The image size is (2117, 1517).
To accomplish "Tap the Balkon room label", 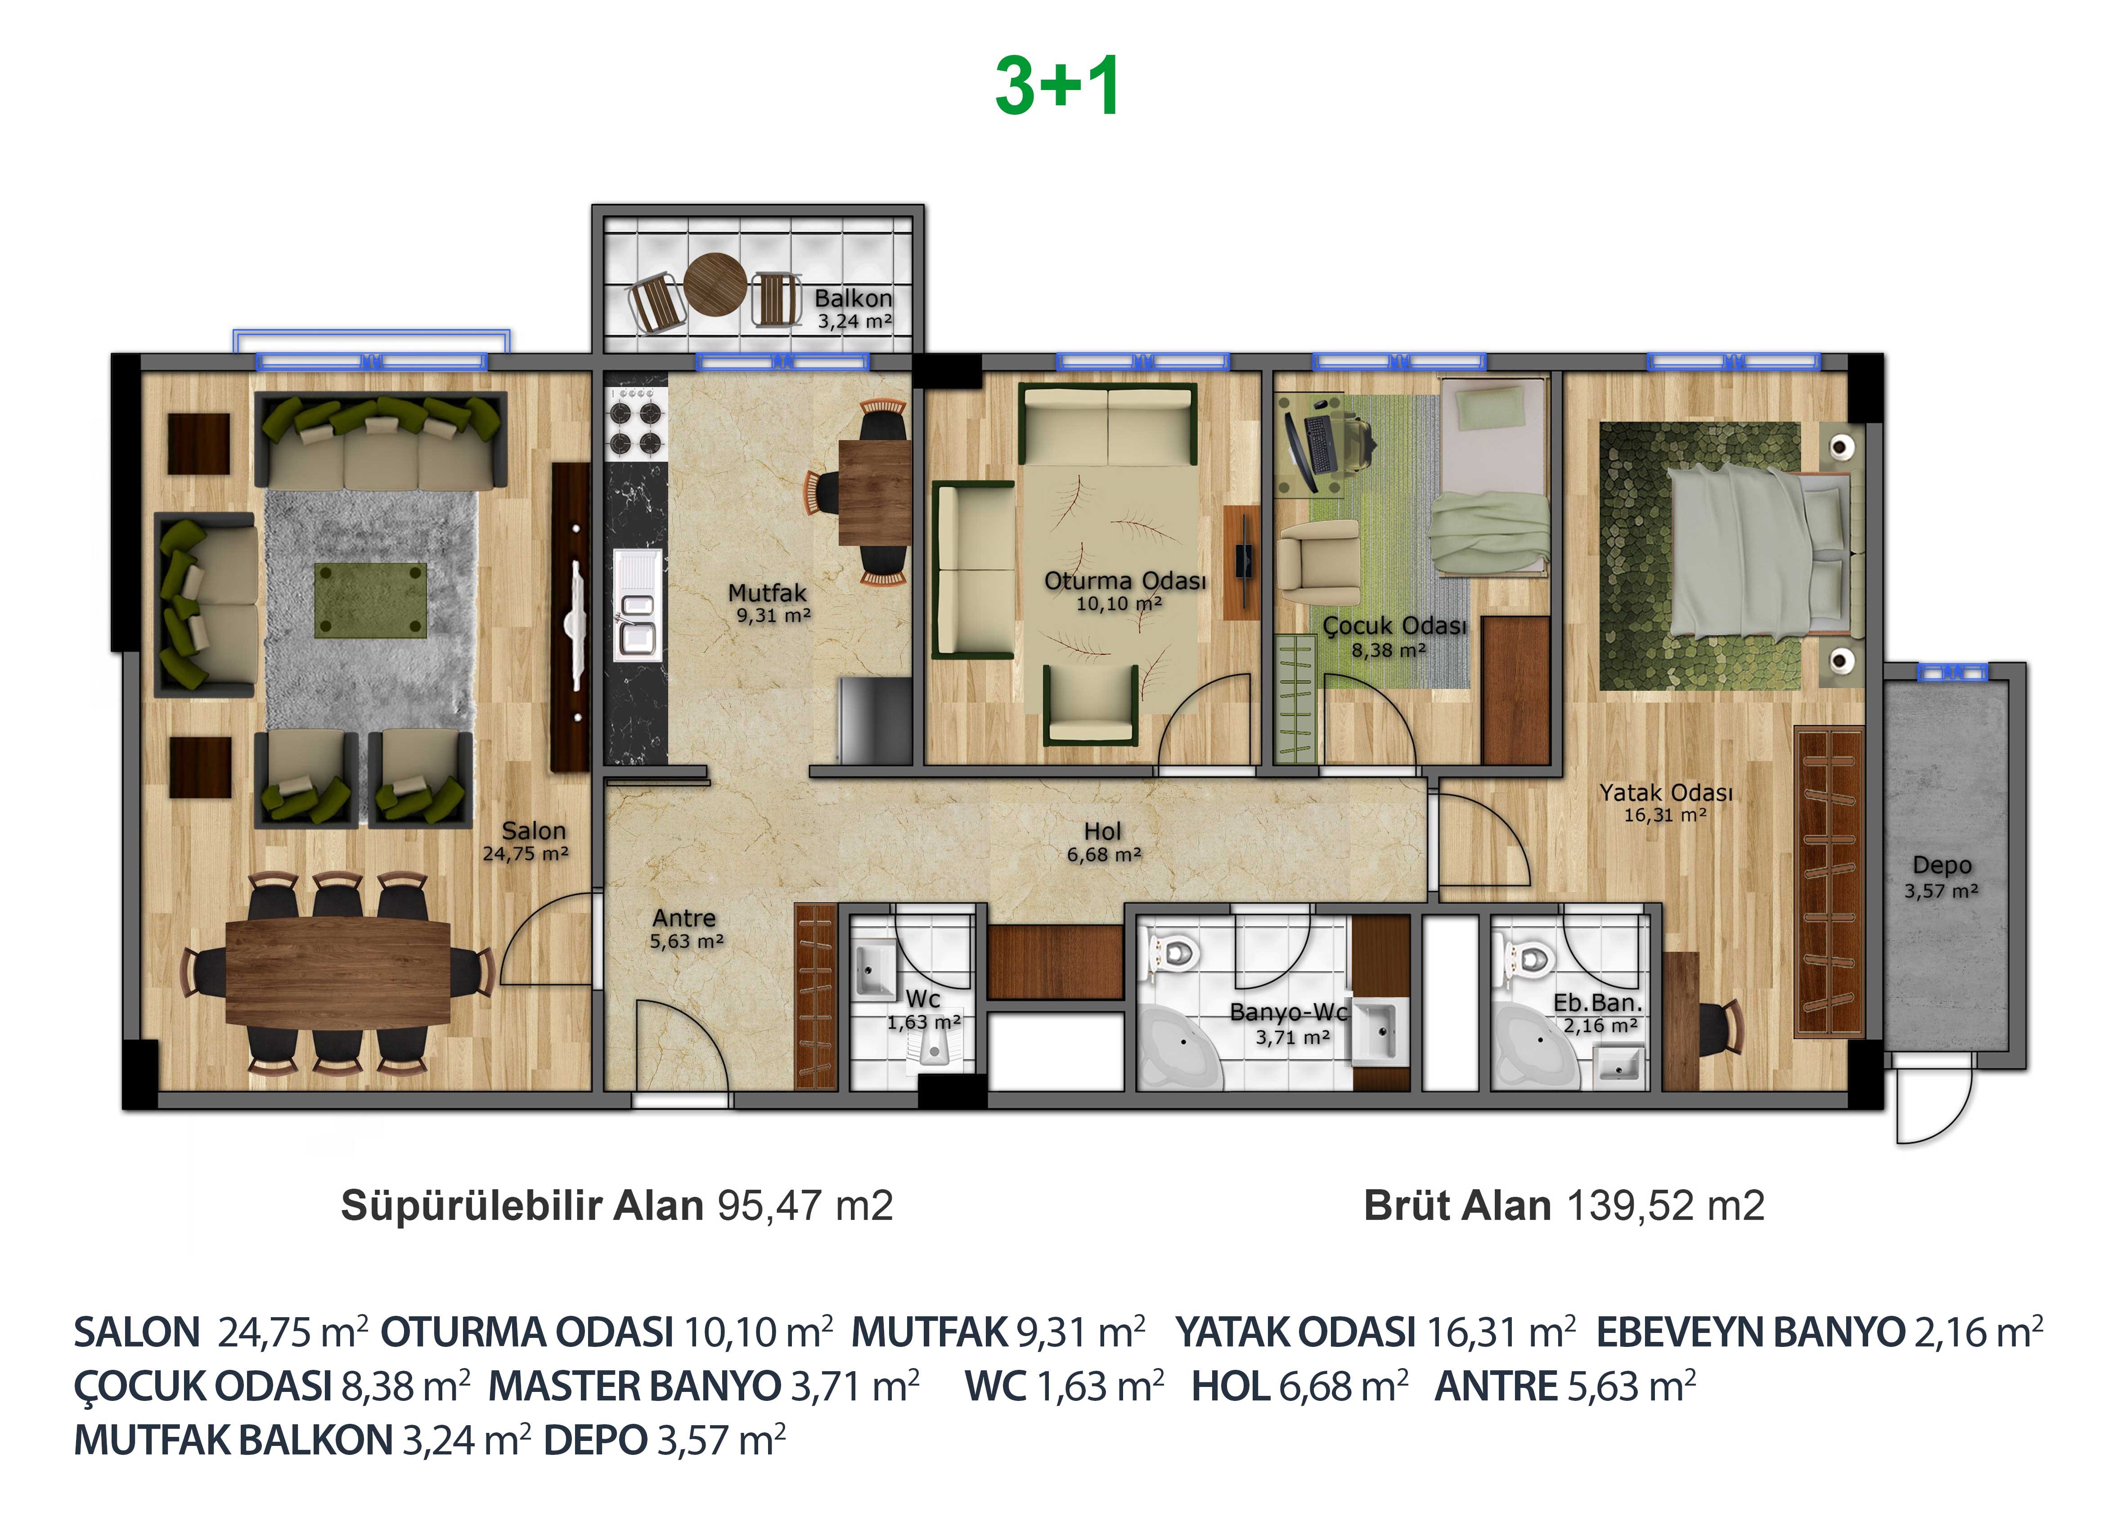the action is tap(853, 299).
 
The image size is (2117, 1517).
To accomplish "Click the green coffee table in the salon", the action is tap(371, 600).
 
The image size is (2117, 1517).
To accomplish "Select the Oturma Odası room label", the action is tap(1125, 581).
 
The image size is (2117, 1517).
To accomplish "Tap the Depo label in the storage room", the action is tap(1942, 865).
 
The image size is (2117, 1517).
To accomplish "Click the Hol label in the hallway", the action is tap(1102, 831).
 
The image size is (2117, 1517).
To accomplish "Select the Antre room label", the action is tap(684, 918).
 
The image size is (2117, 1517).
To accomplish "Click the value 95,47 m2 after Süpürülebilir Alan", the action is tap(805, 1205).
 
